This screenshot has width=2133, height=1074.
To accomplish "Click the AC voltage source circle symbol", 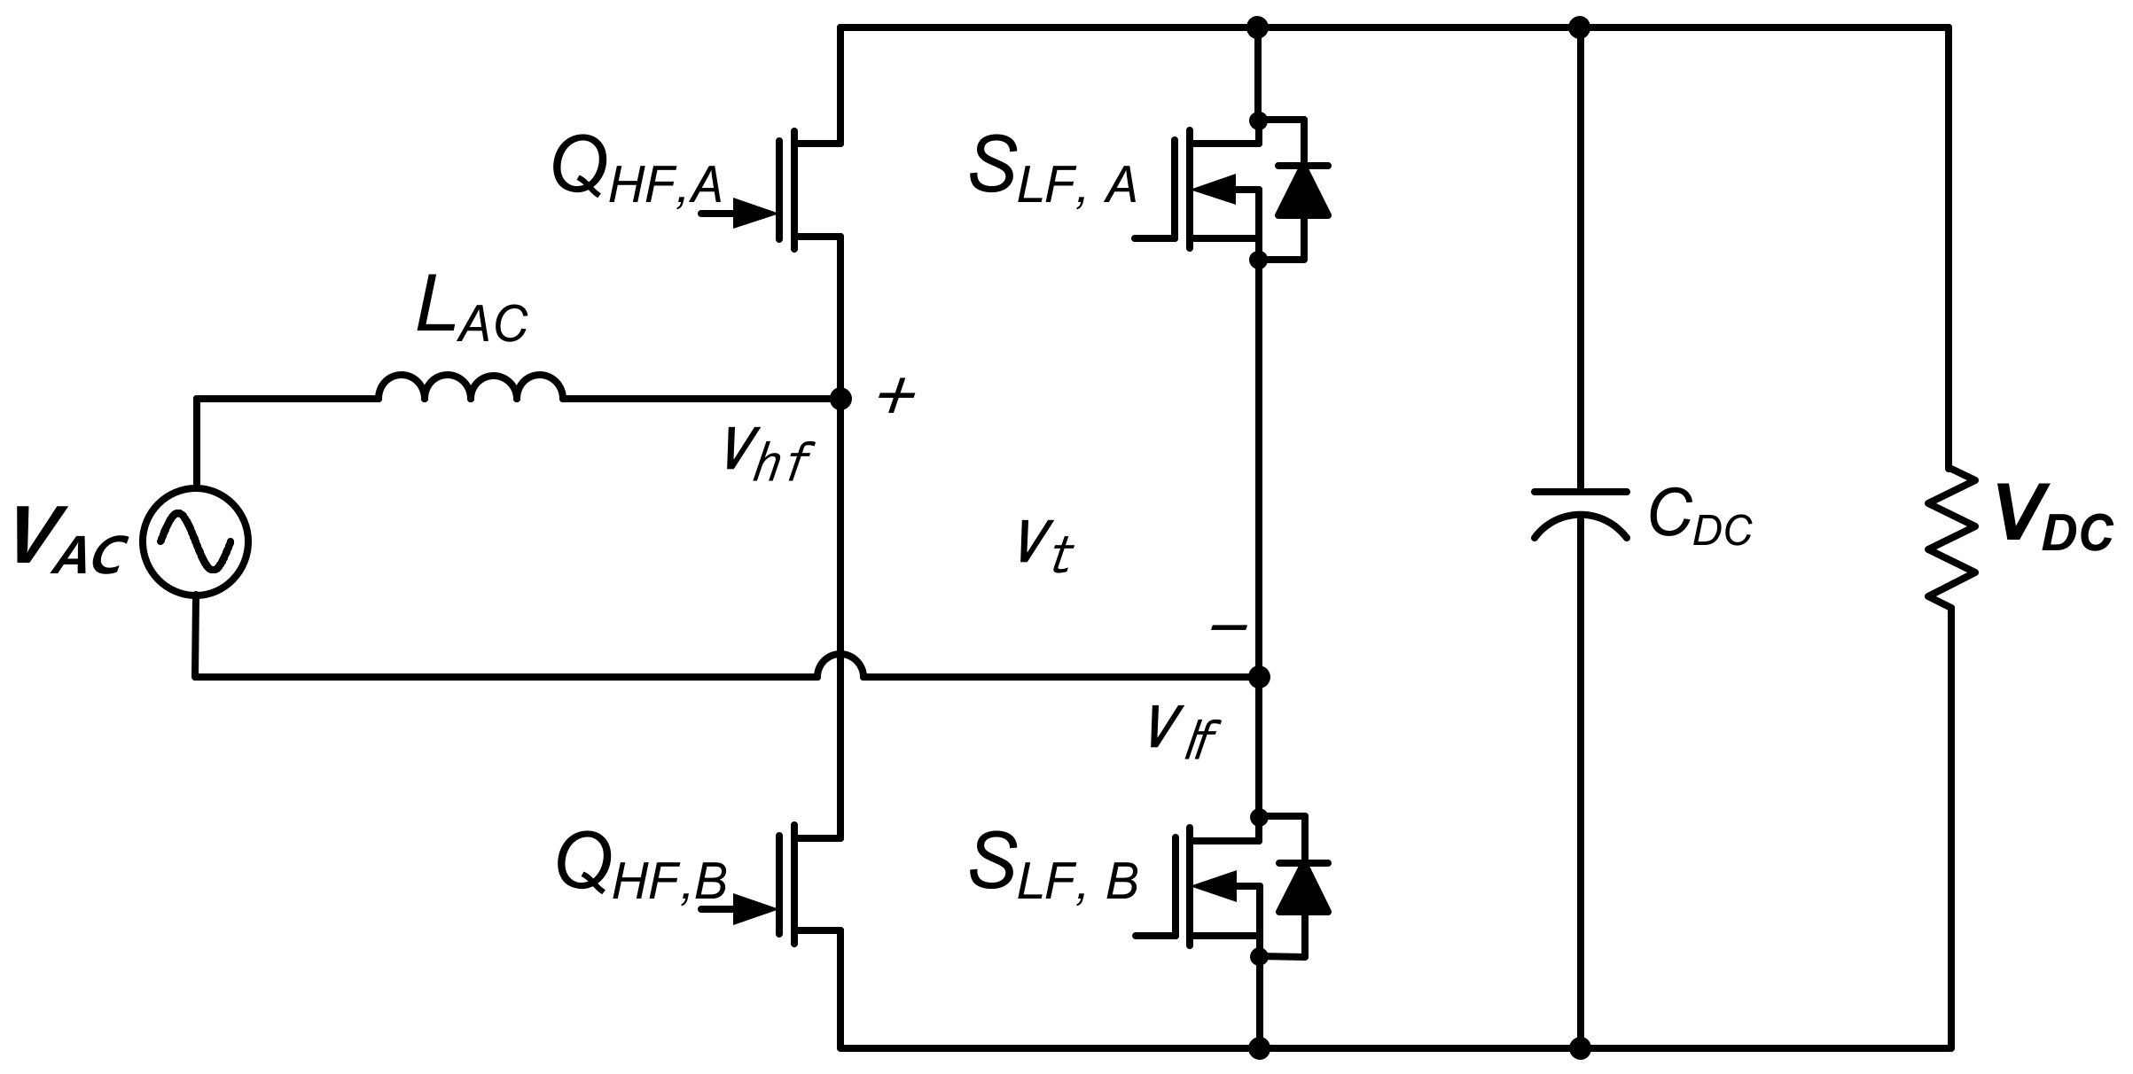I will (197, 541).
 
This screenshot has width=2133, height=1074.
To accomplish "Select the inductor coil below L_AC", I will (471, 388).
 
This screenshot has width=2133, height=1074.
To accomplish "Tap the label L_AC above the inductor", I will (471, 314).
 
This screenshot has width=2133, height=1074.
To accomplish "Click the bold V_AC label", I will (67, 541).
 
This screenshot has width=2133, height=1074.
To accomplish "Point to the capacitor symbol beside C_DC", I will (1580, 514).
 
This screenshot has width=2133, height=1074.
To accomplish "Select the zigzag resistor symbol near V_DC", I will (1950, 538).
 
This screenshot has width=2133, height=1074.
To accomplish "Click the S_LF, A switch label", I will (1053, 175).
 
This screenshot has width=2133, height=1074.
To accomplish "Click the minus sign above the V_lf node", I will (1229, 627).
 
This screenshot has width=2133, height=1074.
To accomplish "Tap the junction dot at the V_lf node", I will (1259, 677).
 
